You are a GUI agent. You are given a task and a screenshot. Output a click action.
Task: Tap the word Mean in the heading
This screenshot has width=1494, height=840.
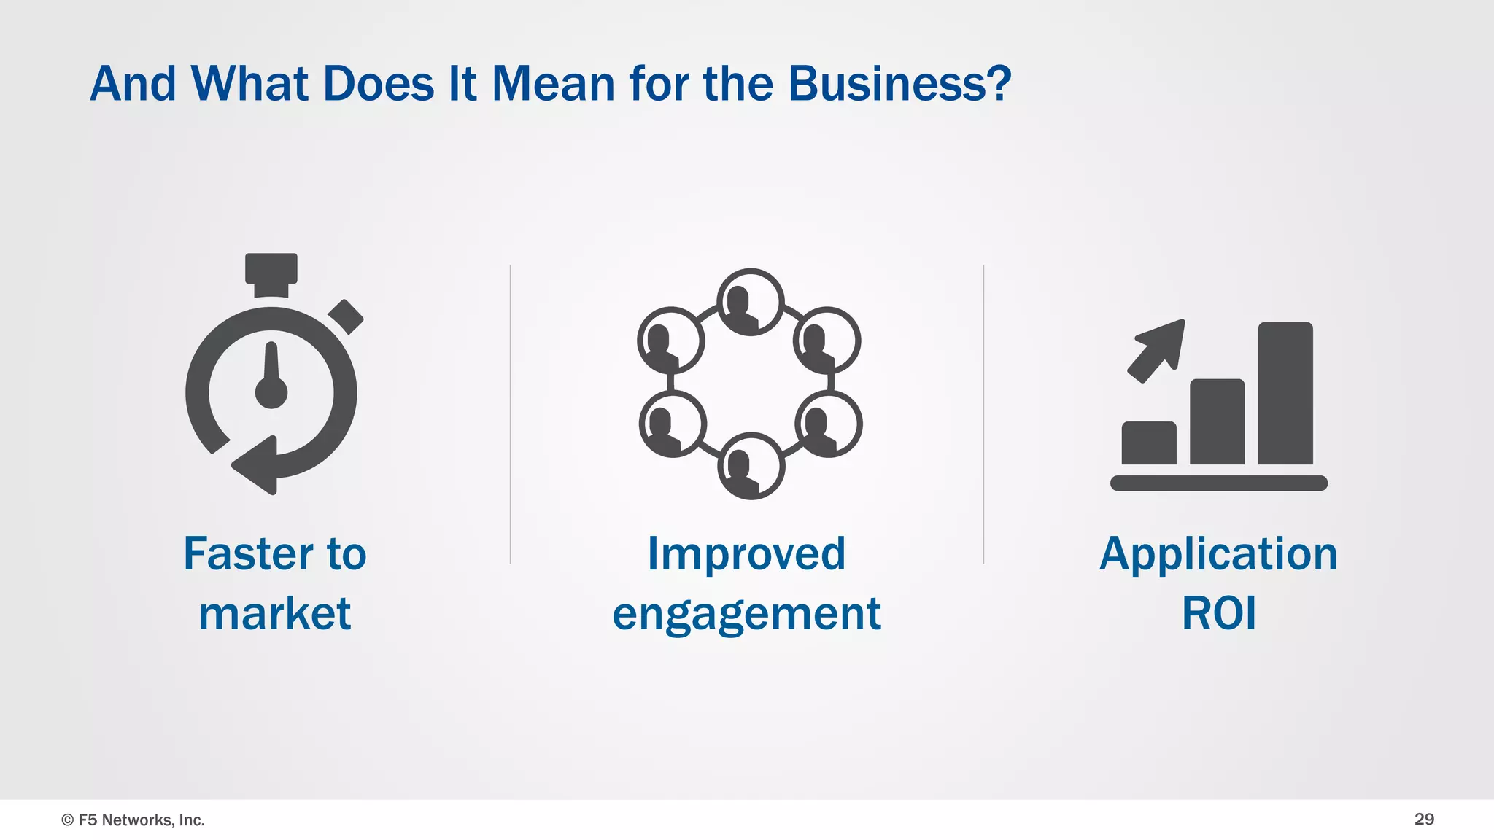[x=553, y=84]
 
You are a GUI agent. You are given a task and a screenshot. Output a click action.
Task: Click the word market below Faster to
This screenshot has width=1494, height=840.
[x=274, y=613]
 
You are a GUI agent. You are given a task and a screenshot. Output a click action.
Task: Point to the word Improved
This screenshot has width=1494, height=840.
[x=746, y=553]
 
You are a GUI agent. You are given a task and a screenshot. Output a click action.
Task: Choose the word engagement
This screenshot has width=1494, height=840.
[x=746, y=615]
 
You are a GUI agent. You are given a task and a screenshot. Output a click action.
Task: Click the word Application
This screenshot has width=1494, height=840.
[x=1218, y=554]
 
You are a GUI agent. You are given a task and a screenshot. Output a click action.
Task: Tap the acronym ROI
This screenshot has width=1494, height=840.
[x=1218, y=613]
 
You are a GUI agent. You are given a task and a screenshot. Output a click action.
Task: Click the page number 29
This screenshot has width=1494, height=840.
[x=1424, y=819]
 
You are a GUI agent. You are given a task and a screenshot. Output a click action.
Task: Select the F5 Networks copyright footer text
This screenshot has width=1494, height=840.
[x=133, y=820]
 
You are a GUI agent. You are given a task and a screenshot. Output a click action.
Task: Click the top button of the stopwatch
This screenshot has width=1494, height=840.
[x=271, y=268]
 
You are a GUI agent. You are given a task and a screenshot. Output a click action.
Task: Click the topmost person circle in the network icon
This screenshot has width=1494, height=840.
[x=750, y=302]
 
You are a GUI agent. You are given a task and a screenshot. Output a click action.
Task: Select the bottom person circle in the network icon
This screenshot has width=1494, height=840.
[x=751, y=466]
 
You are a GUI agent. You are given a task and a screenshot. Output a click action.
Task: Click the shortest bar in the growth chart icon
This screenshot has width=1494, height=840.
[x=1148, y=443]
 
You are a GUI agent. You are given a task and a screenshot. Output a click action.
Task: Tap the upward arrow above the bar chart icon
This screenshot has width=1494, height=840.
[x=1158, y=348]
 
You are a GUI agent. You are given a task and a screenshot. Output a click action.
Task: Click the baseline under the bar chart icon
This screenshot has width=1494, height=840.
[x=1218, y=483]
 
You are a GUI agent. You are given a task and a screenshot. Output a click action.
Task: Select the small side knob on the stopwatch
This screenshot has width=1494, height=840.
[x=346, y=316]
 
